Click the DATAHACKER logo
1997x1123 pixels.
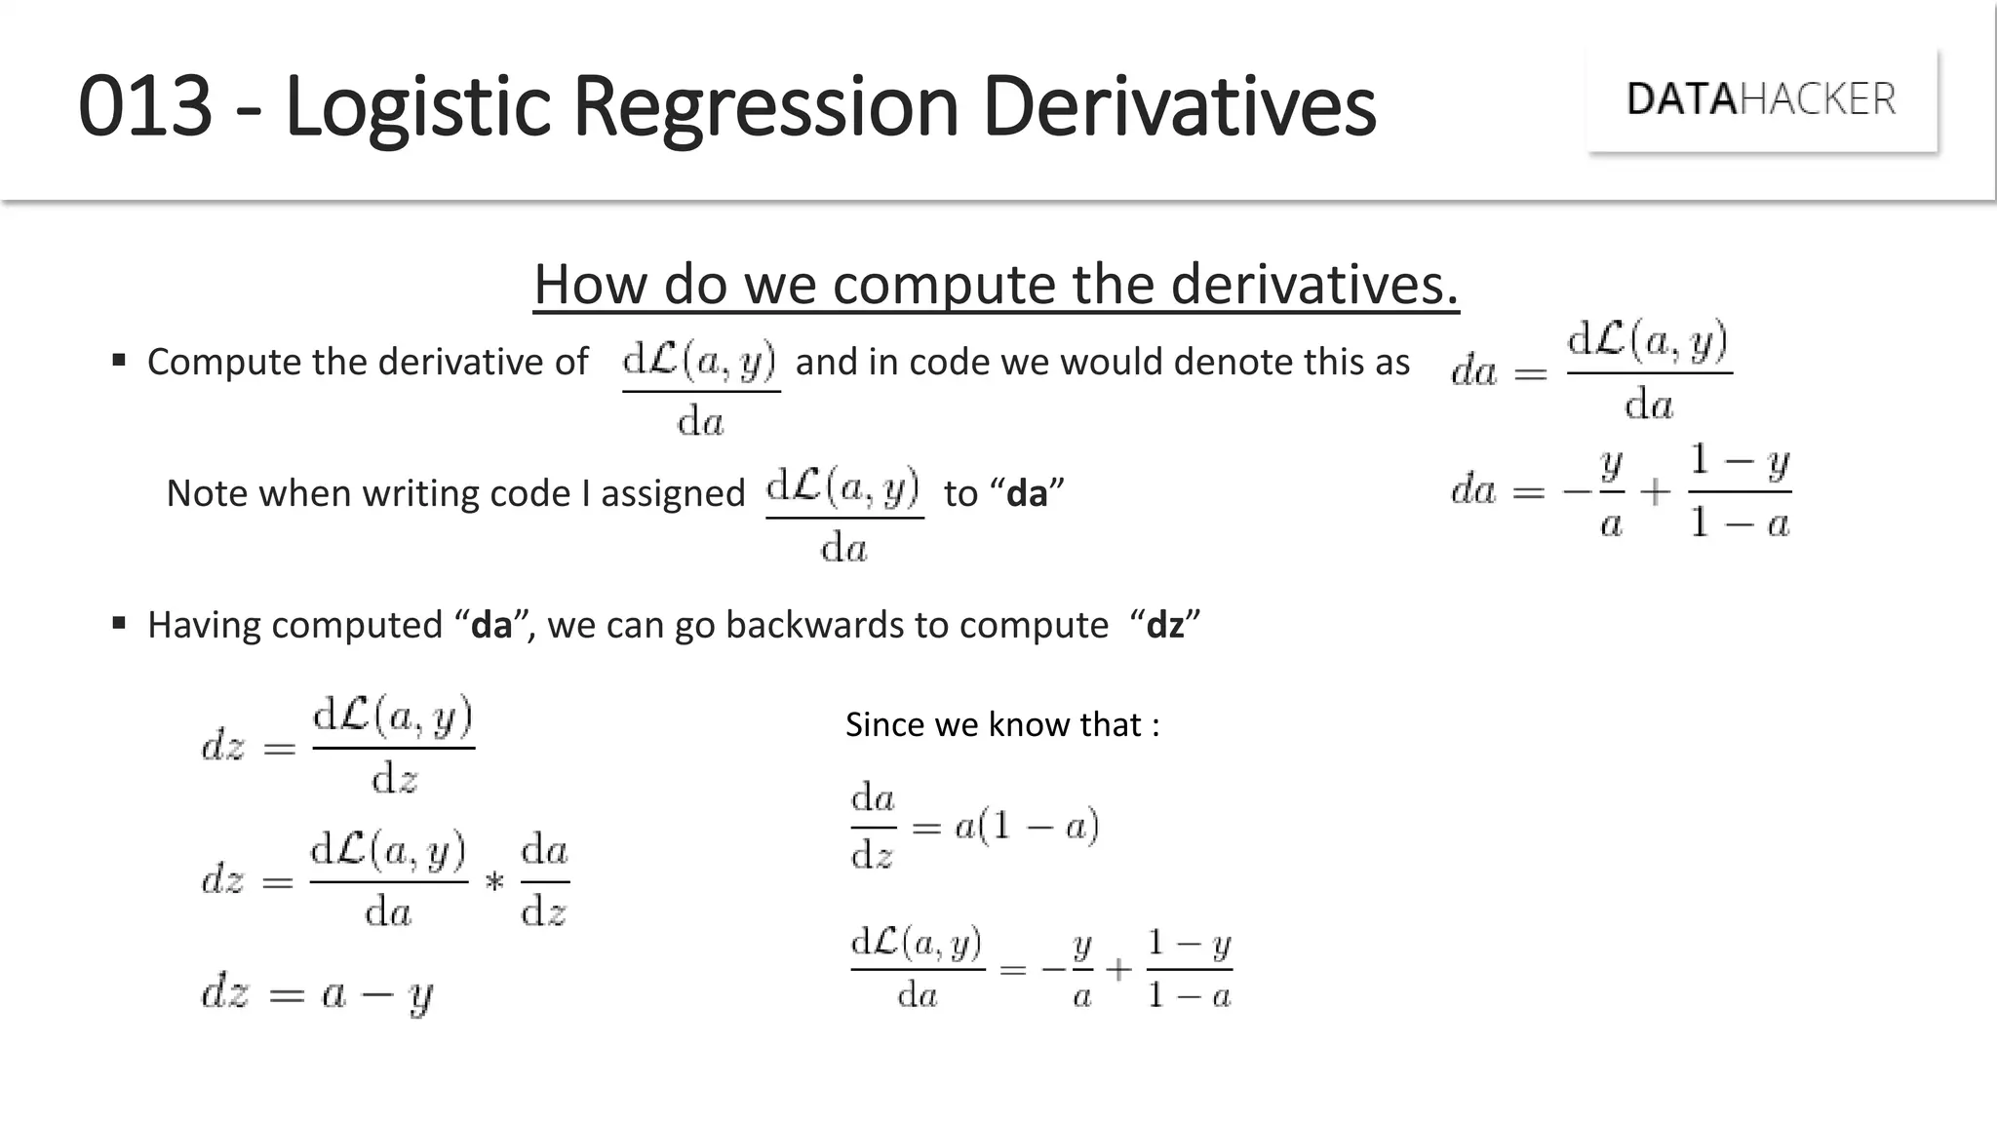(x=1761, y=99)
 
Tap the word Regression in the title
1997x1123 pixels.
(x=765, y=107)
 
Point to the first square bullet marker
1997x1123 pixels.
(x=119, y=361)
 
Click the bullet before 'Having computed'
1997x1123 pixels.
(x=119, y=623)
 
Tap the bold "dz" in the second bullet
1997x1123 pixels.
(x=1165, y=625)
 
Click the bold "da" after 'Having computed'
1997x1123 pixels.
(x=491, y=625)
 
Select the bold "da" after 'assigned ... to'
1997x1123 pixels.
(x=1026, y=493)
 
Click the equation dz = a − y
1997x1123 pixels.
(x=317, y=994)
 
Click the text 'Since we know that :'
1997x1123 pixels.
(x=1001, y=724)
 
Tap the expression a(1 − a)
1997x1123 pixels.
(x=1027, y=828)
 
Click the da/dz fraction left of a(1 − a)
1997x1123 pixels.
(x=873, y=827)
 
